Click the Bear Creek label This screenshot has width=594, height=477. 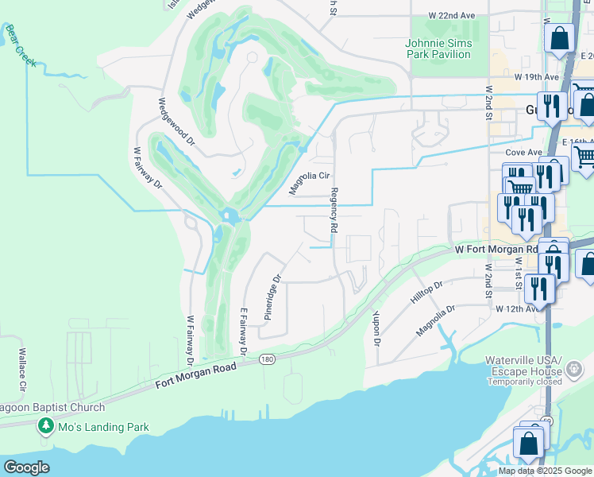[x=21, y=45]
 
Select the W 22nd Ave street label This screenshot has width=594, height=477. [x=451, y=15]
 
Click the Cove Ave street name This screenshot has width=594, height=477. [x=523, y=152]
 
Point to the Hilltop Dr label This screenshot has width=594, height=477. [x=426, y=291]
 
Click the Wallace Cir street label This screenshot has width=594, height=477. [x=23, y=370]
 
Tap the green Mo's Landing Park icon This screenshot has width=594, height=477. [x=46, y=428]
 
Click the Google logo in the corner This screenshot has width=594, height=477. [x=26, y=467]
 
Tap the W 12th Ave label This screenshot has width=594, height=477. [x=518, y=308]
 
